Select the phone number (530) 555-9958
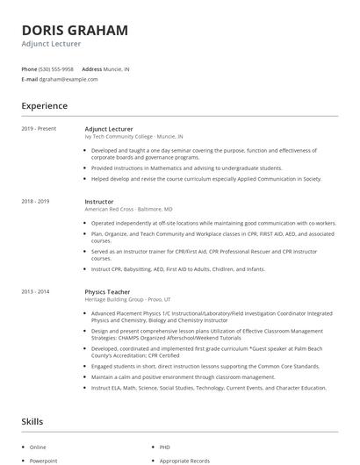pyautogui.click(x=56, y=68)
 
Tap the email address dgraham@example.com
pyautogui.click(x=68, y=79)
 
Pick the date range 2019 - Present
pyautogui.click(x=39, y=129)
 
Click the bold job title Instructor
pyautogui.click(x=99, y=202)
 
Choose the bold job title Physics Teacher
pyautogui.click(x=107, y=290)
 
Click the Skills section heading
pyautogui.click(x=33, y=422)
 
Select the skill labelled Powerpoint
pyautogui.click(x=43, y=460)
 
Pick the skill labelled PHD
pyautogui.click(x=165, y=447)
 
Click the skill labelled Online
pyautogui.click(x=38, y=447)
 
